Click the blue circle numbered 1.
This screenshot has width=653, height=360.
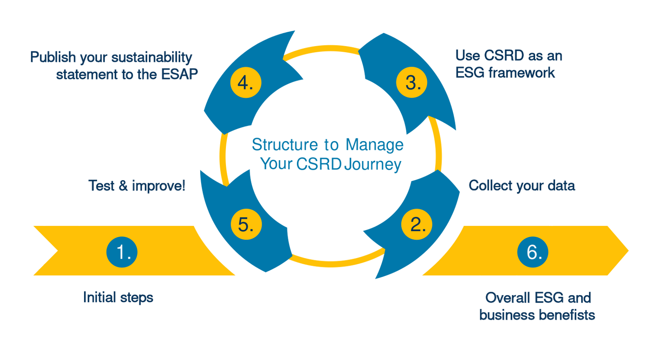tap(122, 252)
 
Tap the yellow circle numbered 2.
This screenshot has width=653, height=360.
tap(417, 224)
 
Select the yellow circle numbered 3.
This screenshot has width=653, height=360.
tap(411, 82)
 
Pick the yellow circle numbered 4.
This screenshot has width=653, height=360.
tap(246, 82)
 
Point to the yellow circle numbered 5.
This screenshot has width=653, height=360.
tap(246, 224)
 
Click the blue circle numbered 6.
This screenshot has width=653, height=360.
tap(533, 252)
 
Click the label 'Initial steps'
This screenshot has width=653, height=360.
tap(118, 298)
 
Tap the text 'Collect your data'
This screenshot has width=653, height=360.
tap(522, 186)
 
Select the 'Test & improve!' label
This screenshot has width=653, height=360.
tap(137, 186)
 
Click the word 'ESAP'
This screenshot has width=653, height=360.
tap(179, 74)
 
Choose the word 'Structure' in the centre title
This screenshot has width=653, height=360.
tap(285, 145)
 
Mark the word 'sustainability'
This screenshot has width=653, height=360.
tap(151, 57)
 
